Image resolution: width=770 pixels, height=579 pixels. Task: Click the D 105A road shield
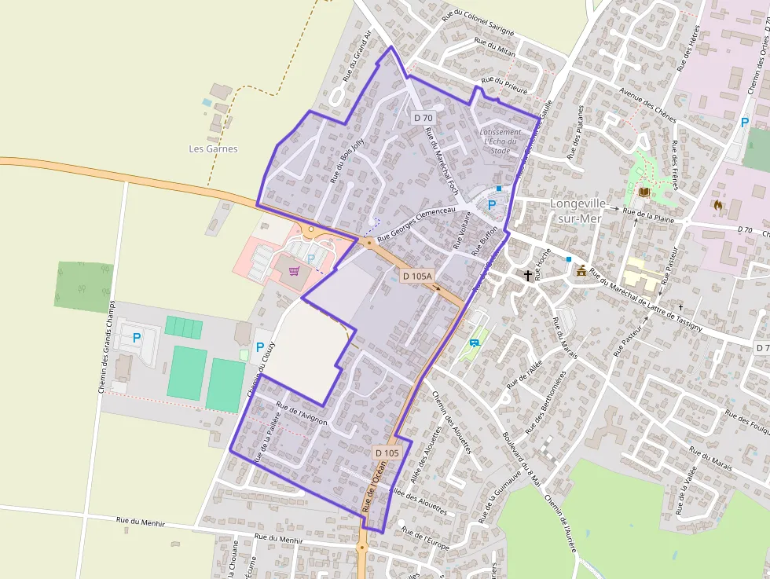[x=417, y=276]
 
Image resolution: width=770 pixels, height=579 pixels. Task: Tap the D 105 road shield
[x=387, y=453]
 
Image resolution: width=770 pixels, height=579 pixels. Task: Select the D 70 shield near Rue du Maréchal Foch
[x=423, y=118]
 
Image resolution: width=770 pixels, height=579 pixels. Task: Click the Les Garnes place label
[x=213, y=148]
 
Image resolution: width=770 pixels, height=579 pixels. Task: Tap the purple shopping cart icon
[x=294, y=271]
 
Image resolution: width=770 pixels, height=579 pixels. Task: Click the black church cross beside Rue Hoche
[x=527, y=275]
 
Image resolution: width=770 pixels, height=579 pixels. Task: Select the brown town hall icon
[x=581, y=271]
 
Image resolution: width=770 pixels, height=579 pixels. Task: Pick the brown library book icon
[x=645, y=191]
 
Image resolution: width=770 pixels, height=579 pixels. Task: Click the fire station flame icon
[x=717, y=204]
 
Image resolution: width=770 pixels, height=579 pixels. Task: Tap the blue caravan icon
[x=474, y=342]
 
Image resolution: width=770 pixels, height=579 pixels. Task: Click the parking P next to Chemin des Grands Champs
[x=137, y=338]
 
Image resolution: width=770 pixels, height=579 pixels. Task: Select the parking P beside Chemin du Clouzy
[x=259, y=346]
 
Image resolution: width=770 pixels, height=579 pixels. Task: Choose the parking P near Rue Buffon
[x=492, y=204]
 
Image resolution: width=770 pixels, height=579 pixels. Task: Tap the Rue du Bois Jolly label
[x=348, y=160]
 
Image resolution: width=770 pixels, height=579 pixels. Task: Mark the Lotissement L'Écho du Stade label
[x=500, y=141]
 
